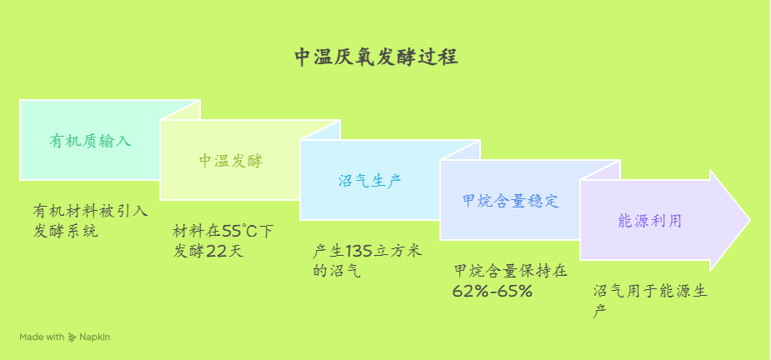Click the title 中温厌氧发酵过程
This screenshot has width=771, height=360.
coord(376,57)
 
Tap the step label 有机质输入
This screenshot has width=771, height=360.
coord(91,141)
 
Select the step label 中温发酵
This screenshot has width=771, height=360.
coord(231,162)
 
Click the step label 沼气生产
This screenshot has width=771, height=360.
coord(370,181)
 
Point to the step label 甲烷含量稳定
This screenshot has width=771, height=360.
coord(511,201)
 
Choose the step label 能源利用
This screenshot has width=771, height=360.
coord(650,221)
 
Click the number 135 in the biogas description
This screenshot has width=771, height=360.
coord(360,252)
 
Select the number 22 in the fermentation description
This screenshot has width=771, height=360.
coord(216,252)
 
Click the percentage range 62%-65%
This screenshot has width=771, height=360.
coord(493,291)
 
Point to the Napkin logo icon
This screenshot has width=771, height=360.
coord(72,337)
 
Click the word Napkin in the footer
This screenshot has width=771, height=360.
coord(95,337)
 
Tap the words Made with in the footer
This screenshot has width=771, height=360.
coord(42,337)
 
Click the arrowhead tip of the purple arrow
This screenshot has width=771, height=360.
coord(750,220)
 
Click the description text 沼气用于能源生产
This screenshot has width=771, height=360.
coord(650,301)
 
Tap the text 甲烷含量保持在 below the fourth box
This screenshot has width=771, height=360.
coord(510,271)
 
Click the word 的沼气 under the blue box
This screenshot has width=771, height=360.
coord(337,271)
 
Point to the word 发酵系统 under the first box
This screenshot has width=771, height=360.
coord(65,231)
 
